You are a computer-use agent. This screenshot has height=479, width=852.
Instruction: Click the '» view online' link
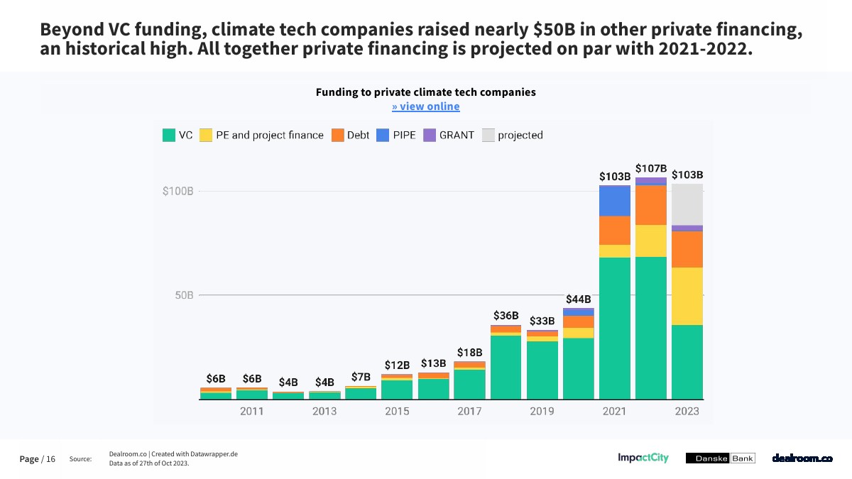[425, 106]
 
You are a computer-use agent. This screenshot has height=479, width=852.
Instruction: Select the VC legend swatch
[169, 135]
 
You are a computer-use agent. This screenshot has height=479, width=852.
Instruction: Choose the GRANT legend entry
[449, 135]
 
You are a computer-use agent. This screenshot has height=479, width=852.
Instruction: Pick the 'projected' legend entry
[513, 135]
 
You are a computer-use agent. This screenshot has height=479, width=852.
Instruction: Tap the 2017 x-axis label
[469, 411]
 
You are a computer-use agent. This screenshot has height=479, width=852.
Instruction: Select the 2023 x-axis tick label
[687, 411]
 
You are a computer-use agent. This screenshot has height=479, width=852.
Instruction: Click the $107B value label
[651, 168]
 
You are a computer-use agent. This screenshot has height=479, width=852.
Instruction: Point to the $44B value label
[578, 299]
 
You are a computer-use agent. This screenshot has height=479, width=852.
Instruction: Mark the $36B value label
[506, 316]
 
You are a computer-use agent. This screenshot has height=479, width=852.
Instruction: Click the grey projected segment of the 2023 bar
[687, 204]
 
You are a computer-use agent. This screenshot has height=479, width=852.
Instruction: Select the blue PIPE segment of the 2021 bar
[615, 200]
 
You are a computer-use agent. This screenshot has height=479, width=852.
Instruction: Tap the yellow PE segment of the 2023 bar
[687, 296]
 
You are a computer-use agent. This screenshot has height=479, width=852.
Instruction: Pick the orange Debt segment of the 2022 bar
[651, 204]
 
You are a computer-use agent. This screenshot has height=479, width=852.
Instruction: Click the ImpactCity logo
[643, 458]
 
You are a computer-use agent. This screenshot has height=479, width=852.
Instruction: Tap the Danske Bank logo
[720, 458]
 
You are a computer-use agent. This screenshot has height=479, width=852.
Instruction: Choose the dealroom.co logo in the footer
[802, 458]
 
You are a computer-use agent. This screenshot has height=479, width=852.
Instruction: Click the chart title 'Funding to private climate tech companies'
[425, 92]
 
